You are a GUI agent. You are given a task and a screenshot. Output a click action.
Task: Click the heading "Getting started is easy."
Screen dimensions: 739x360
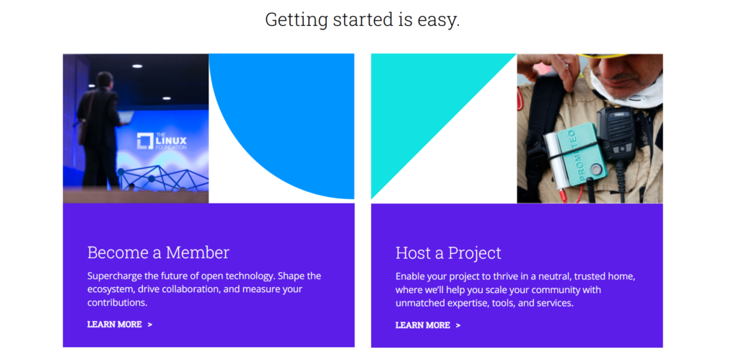click(x=362, y=19)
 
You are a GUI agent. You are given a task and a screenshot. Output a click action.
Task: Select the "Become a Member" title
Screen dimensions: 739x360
click(x=158, y=253)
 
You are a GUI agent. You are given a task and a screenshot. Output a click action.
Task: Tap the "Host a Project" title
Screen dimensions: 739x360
click(x=448, y=253)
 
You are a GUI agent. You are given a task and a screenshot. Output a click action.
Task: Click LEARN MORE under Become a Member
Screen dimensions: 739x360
click(x=120, y=324)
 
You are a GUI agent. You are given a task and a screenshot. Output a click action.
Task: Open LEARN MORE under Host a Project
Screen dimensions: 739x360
click(x=428, y=325)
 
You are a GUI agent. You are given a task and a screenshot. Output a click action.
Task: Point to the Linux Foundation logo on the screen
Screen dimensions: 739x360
click(x=162, y=141)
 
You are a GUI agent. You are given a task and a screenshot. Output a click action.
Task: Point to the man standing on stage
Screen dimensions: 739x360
click(x=100, y=130)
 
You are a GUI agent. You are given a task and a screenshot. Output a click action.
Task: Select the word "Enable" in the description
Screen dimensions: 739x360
click(x=410, y=276)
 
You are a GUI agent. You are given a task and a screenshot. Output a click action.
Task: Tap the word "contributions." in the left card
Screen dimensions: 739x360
click(x=118, y=302)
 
